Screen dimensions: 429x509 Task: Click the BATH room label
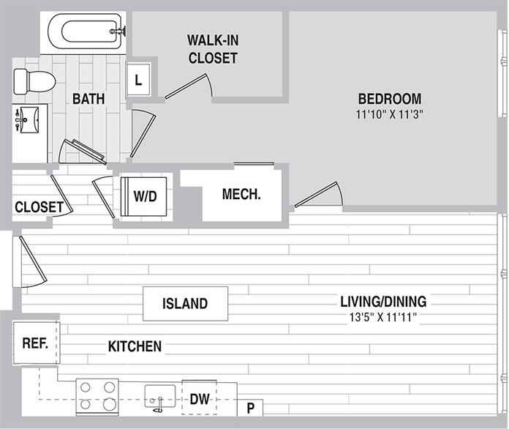click(88, 98)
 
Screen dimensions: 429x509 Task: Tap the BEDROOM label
click(389, 99)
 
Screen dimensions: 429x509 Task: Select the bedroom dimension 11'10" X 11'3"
click(389, 114)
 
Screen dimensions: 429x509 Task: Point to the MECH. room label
click(241, 195)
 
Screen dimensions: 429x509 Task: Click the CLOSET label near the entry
click(39, 207)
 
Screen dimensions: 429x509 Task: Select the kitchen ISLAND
click(185, 303)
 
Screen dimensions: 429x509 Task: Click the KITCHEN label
click(135, 346)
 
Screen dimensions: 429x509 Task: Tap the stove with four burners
click(98, 396)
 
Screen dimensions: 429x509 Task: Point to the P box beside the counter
click(250, 408)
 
